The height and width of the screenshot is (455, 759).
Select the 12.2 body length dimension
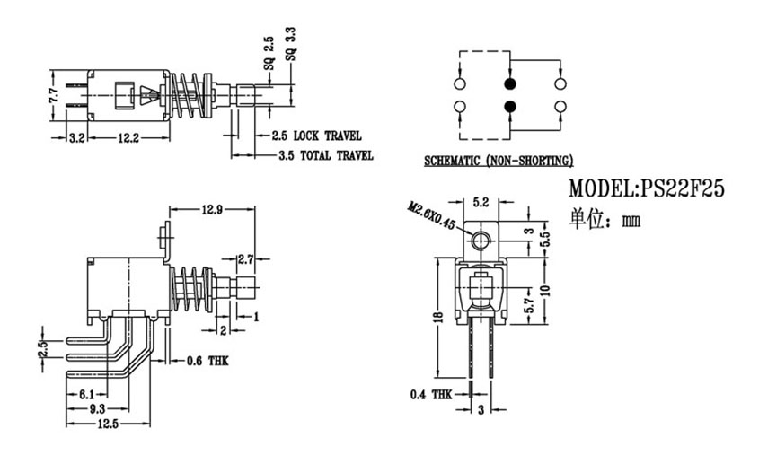[128, 138]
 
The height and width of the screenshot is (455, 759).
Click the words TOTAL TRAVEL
[337, 155]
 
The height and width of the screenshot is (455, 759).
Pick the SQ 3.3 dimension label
[291, 44]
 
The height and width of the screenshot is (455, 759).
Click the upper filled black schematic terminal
[509, 83]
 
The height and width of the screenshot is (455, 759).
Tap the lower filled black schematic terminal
[509, 107]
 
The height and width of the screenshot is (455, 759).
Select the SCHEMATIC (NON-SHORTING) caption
[499, 161]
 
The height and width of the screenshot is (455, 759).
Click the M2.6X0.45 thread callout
[432, 216]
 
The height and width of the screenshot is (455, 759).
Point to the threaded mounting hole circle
[481, 241]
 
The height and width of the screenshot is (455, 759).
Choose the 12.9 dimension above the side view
[212, 209]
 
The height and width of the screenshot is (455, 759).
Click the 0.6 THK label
[207, 361]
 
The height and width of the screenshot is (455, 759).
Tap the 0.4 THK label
[431, 395]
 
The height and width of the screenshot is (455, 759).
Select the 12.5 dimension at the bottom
[108, 424]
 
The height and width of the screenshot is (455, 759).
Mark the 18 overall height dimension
[438, 317]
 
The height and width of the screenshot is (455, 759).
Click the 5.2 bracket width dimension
[481, 202]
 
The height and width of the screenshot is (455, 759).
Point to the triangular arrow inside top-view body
[148, 95]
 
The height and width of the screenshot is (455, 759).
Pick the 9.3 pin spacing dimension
[97, 409]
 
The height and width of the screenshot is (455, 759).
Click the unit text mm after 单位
[631, 221]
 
